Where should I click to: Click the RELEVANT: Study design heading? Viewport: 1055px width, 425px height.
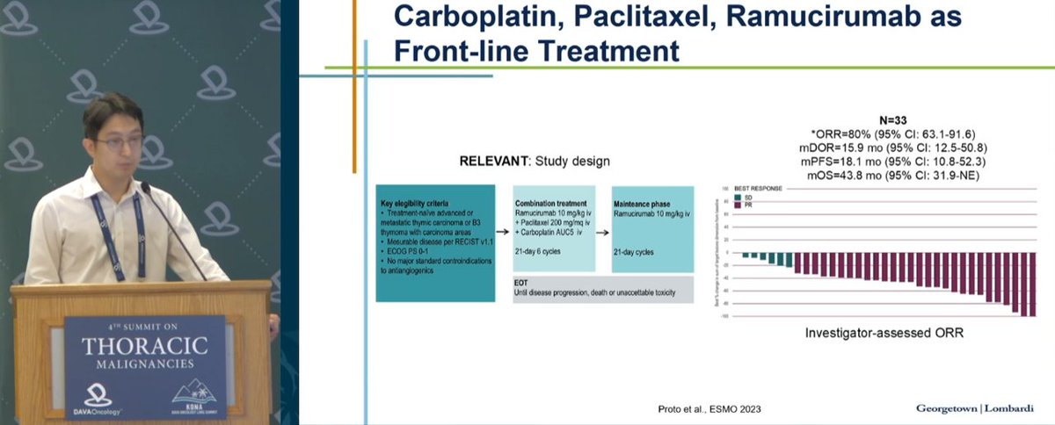coord(534,162)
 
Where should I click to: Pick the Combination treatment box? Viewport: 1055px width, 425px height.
coord(555,228)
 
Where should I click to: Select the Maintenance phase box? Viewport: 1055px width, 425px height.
coord(652,228)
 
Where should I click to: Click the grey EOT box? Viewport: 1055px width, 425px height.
coord(603,289)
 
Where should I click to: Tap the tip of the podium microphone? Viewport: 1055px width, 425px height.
coord(142,187)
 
